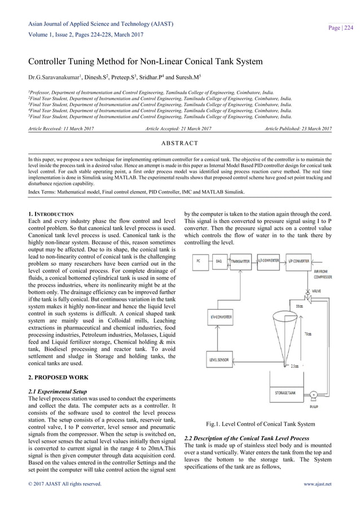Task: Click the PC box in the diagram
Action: pyautogui.click(x=198, y=261)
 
